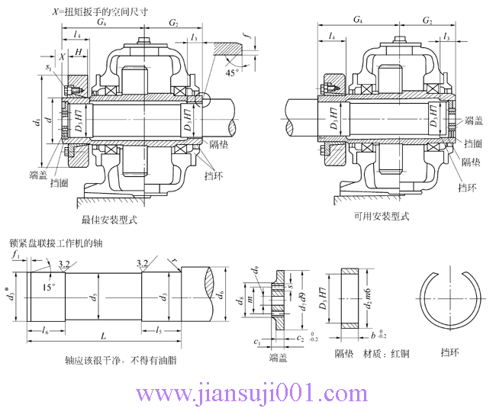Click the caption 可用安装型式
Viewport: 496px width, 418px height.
[x=382, y=216]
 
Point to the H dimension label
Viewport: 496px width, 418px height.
[x=79, y=51]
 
